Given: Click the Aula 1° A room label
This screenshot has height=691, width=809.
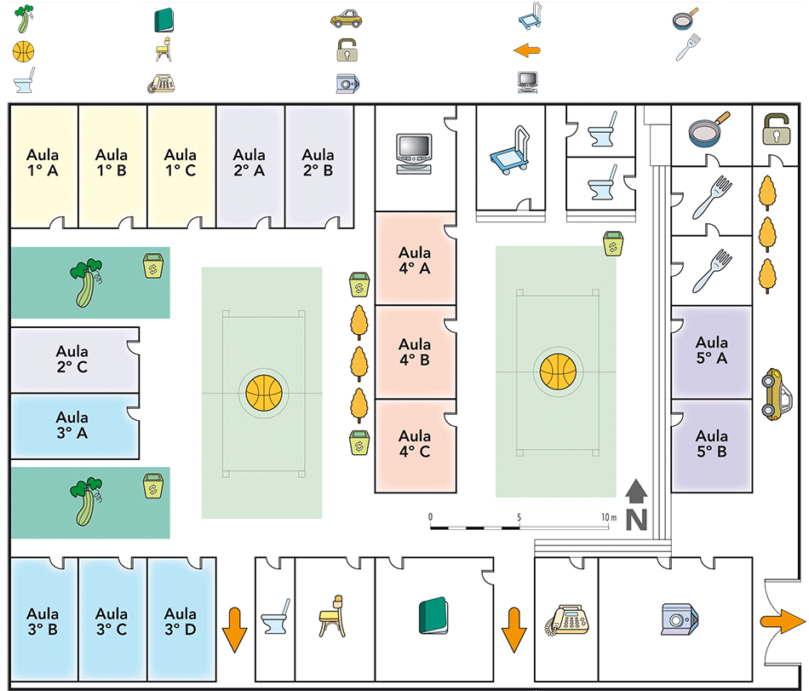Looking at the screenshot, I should (x=43, y=162).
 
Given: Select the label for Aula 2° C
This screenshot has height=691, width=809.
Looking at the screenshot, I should (x=72, y=359).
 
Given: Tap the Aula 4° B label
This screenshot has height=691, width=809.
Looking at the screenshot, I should (x=415, y=352).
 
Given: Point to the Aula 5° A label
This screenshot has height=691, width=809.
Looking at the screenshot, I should (x=711, y=350).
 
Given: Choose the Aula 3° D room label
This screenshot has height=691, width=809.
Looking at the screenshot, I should (x=181, y=621).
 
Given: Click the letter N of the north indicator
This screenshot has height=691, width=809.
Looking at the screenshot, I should (x=635, y=519).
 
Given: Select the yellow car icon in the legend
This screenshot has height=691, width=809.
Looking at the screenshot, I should (x=347, y=18).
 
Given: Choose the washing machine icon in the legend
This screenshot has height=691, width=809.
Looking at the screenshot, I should (x=347, y=83).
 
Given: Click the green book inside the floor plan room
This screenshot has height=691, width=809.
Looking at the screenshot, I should (x=433, y=616).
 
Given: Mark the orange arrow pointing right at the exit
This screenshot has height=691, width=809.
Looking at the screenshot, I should (x=784, y=621).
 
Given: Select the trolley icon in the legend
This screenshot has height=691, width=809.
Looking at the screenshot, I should (x=530, y=18).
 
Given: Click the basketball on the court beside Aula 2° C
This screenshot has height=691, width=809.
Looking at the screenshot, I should (x=262, y=392).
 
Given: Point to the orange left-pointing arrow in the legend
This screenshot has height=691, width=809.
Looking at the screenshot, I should (x=528, y=50).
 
